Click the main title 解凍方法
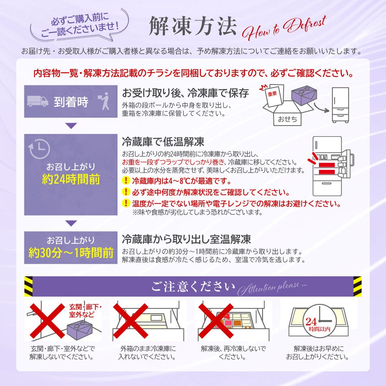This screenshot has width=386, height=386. coord(193,26)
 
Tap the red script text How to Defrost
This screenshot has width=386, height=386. coord(284,28)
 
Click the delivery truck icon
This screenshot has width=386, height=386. coord(37,101)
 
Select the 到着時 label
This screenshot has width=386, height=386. coord(71,102)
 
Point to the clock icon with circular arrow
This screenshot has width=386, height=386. coord(39,149)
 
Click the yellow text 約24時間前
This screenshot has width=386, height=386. coord(71,179)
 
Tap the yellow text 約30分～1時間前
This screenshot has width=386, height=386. coord(71,253)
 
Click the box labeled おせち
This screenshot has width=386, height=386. coord(288,116)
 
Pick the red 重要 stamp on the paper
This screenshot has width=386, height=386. coord(273,93)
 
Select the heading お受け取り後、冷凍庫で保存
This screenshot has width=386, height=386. coord(185,93)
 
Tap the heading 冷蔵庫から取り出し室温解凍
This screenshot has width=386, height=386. coord(186,239)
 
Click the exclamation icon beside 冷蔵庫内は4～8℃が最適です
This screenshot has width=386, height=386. coord(126,180)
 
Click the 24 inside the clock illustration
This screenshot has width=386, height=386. coord(311,321)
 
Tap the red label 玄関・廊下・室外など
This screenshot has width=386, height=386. coord(85,311)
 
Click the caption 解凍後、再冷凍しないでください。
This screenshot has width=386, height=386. coord(233,353)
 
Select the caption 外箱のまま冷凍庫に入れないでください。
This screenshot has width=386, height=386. coord(147,353)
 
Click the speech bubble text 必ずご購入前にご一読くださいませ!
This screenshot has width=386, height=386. coord(80,25)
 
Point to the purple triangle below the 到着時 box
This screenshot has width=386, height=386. coord(71,126)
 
